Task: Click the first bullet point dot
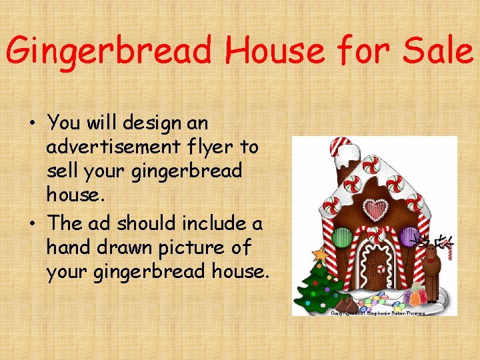[x=32, y=124]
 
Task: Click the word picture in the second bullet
[x=193, y=247]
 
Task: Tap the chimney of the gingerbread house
[x=341, y=153]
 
